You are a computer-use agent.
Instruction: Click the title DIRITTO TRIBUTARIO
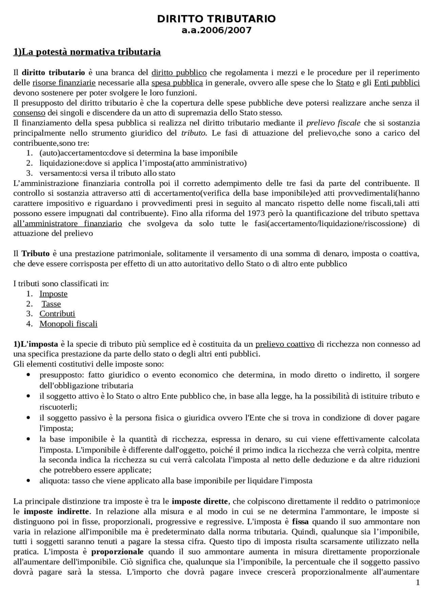click(x=216, y=19)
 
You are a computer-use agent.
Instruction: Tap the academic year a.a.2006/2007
click(x=216, y=30)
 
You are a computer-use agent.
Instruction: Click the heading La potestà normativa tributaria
click(x=87, y=52)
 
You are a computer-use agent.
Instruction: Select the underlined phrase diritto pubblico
click(x=179, y=72)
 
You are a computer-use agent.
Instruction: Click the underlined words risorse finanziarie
click(x=64, y=83)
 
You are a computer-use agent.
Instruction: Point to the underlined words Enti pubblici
click(x=397, y=83)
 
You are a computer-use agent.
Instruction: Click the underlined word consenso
click(x=29, y=113)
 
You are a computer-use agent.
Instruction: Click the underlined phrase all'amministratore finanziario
click(x=67, y=223)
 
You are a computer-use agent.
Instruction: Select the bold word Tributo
click(x=36, y=254)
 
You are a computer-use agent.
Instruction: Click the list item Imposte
click(x=54, y=293)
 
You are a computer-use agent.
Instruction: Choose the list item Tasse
click(x=51, y=304)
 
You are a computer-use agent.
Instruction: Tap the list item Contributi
click(x=57, y=313)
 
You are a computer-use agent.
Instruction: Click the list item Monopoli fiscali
click(x=68, y=324)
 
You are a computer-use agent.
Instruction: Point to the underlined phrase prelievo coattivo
click(x=285, y=344)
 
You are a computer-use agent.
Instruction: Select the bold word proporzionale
click(x=117, y=552)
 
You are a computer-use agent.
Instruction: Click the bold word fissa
click(x=300, y=522)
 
